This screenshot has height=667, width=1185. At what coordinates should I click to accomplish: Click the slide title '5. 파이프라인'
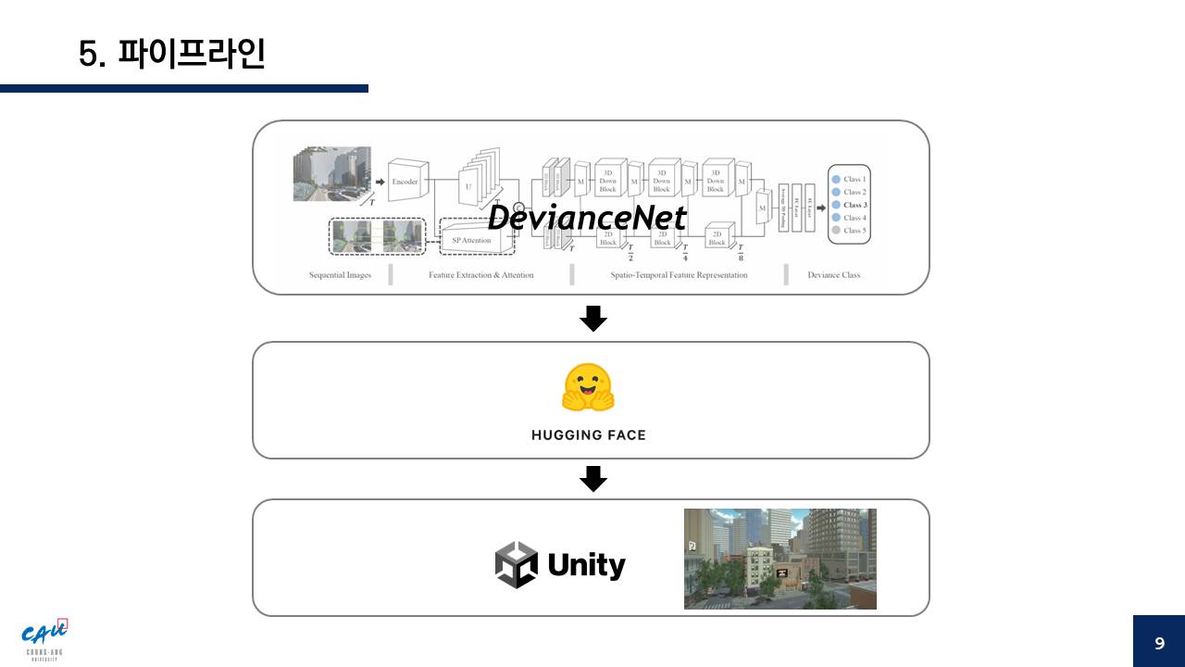[172, 54]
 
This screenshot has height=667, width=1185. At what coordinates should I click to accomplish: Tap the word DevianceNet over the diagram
[587, 218]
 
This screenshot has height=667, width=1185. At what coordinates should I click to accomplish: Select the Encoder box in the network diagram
[405, 182]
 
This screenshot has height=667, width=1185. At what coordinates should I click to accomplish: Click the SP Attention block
[471, 240]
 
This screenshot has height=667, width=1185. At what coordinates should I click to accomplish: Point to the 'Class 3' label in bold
[854, 205]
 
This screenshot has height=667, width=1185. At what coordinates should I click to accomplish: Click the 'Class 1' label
[854, 179]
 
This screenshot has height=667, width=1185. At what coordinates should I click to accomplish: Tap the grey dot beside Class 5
[836, 230]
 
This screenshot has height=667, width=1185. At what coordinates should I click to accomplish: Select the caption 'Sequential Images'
[340, 275]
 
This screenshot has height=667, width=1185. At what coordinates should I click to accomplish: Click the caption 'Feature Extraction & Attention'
[480, 275]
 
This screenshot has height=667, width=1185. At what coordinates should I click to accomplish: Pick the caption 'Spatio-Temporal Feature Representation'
[679, 275]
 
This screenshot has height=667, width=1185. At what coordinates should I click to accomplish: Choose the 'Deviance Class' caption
[833, 275]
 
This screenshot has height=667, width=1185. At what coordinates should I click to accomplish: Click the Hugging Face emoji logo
[588, 388]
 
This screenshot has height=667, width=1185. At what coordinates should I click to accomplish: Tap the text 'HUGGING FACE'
[589, 434]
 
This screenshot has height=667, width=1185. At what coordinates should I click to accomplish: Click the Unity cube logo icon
[516, 564]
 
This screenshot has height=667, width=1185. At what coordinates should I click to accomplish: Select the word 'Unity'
[586, 564]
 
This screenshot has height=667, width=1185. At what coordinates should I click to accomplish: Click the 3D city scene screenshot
[780, 559]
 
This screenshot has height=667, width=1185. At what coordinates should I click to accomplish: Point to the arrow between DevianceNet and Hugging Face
[592, 319]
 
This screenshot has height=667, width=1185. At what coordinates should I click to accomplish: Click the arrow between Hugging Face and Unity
[592, 479]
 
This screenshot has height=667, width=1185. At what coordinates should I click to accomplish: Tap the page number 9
[1159, 643]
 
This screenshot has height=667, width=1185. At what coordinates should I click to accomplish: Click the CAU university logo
[45, 637]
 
